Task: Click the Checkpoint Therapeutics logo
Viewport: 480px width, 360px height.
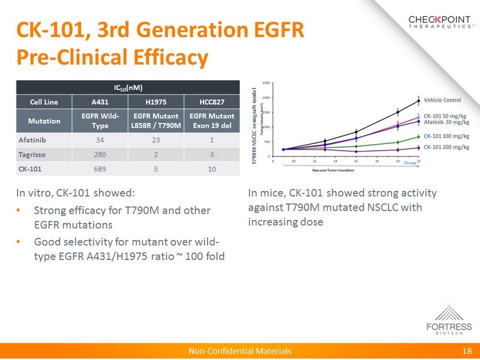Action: click(x=439, y=22)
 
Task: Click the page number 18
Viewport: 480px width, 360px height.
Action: click(x=468, y=351)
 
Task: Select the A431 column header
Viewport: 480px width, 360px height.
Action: click(x=99, y=102)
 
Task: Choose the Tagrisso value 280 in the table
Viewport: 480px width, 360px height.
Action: click(x=99, y=155)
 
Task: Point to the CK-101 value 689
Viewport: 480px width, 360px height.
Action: click(x=99, y=169)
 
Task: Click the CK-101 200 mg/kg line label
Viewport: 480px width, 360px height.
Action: click(x=446, y=146)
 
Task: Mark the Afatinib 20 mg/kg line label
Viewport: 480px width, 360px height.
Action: click(x=446, y=122)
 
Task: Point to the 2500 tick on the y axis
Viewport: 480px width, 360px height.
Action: click(x=266, y=83)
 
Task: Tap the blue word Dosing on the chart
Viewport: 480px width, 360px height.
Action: click(x=411, y=164)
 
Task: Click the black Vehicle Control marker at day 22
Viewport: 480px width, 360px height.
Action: click(x=418, y=101)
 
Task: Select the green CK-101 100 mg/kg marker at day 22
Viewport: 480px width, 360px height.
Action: click(x=418, y=136)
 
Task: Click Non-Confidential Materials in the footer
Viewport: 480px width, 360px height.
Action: click(x=239, y=351)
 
